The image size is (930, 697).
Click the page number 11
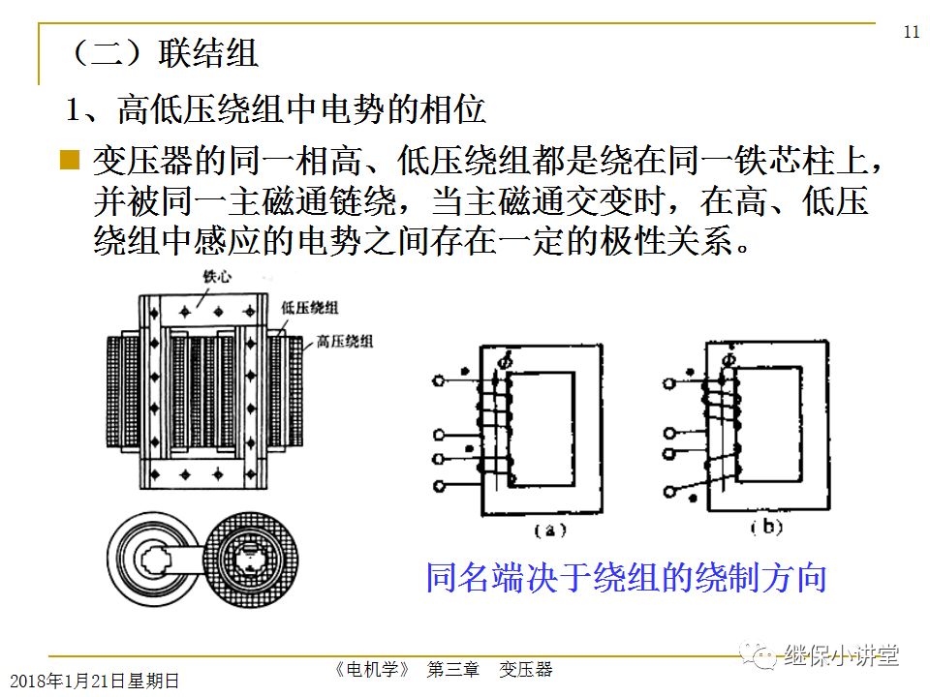point(911,32)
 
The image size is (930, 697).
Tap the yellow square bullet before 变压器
point(69,160)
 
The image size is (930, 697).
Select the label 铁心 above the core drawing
point(216,277)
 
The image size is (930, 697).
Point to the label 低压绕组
point(311,307)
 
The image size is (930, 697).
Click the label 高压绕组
point(346,340)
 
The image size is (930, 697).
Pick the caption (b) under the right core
point(767,529)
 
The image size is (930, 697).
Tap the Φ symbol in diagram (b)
point(728,360)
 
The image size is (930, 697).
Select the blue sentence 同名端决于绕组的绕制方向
point(626,578)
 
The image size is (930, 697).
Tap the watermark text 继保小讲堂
point(842,655)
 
